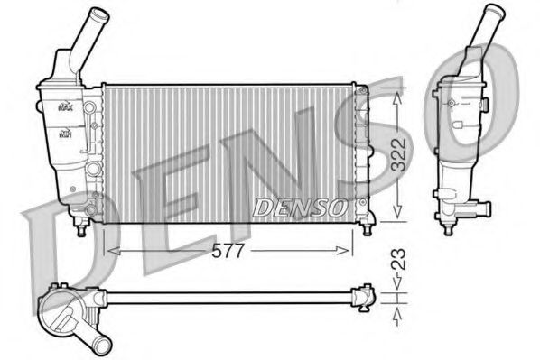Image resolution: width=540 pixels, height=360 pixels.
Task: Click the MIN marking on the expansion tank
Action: coord(65,134)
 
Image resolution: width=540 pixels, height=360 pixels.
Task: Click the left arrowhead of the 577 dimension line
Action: coord(110,250)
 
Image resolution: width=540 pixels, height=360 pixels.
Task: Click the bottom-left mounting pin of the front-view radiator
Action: coord(83,229)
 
